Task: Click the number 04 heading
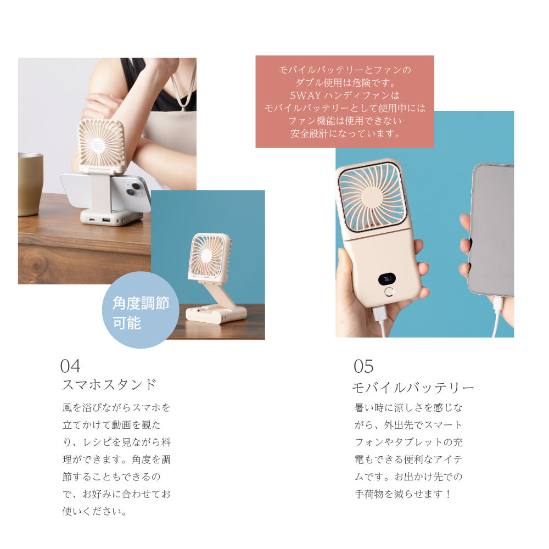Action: [x=70, y=366]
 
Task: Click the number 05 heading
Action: [x=363, y=366]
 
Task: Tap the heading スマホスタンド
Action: [x=109, y=384]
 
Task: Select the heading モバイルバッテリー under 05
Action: [x=413, y=388]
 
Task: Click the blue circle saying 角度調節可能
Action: [x=141, y=311]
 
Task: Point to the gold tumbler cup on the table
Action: [x=30, y=184]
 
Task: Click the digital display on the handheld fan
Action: [x=386, y=279]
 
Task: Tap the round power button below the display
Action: [x=389, y=292]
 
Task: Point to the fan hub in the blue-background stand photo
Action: [x=206, y=256]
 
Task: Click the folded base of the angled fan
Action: [x=215, y=314]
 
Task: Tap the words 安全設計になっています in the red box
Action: [x=345, y=133]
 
